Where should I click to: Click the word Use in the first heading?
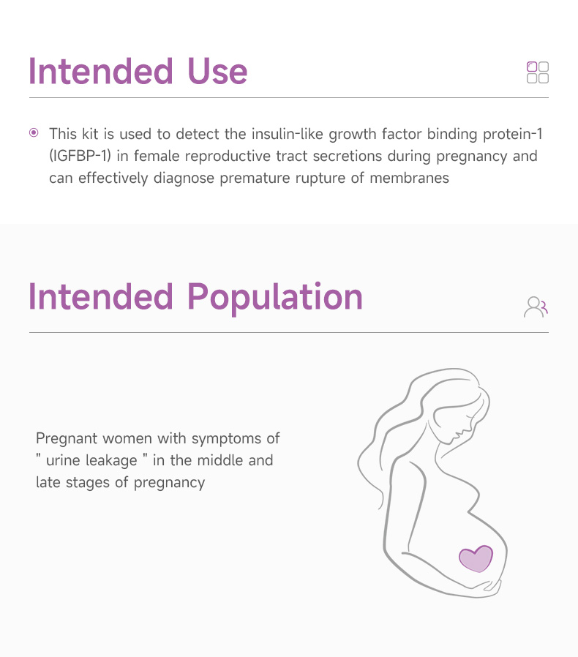click(x=217, y=72)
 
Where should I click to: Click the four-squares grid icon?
click(x=538, y=72)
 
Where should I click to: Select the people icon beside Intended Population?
click(x=536, y=307)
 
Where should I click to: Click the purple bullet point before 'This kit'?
click(x=34, y=133)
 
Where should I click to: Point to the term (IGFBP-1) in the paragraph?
click(x=80, y=156)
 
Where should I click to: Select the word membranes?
click(x=409, y=178)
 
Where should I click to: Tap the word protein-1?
click(x=513, y=135)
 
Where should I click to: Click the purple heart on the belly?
click(x=476, y=558)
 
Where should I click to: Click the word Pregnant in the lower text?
click(x=67, y=439)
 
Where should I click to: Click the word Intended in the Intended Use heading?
click(x=100, y=72)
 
